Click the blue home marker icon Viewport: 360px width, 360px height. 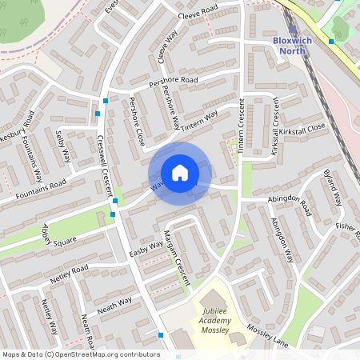180,172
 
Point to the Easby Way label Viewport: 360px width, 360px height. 146,248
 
